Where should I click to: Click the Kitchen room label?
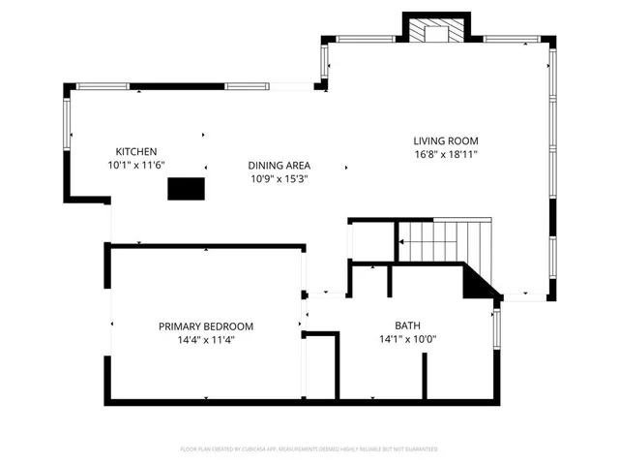click(x=135, y=151)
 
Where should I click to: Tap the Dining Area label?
click(x=279, y=165)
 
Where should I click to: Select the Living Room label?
click(x=446, y=140)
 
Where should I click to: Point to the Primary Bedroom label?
click(x=206, y=326)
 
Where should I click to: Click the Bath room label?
click(x=407, y=325)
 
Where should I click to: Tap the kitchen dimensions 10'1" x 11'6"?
click(x=135, y=165)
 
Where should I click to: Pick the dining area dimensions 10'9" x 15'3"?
click(x=279, y=178)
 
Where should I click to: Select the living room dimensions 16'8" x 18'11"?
click(x=446, y=153)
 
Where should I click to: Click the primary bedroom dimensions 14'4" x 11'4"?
click(x=206, y=339)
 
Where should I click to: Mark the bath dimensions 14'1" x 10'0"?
click(x=407, y=339)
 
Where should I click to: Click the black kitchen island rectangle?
click(x=187, y=189)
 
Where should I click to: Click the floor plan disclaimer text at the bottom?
click(x=309, y=449)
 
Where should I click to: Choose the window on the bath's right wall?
click(x=497, y=329)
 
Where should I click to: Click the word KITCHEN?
click(x=135, y=151)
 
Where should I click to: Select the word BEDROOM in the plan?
click(x=227, y=326)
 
